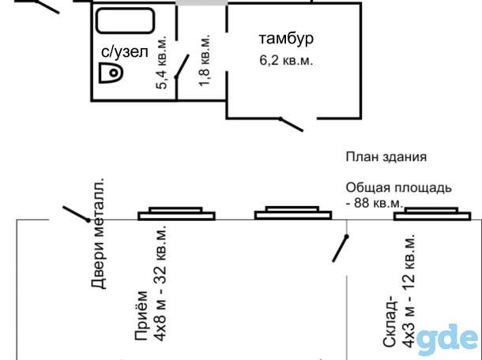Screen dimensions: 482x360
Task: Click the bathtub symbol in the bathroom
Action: (125, 21)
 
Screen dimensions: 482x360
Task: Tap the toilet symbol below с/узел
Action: (111, 73)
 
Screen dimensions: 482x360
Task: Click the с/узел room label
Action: (125, 52)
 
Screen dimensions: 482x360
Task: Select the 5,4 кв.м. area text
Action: (161, 62)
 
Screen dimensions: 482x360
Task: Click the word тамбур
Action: (286, 39)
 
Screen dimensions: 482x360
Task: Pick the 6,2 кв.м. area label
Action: (286, 60)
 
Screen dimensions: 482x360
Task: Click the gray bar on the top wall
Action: (201, 2)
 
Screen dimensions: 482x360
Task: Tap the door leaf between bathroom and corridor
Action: (182, 66)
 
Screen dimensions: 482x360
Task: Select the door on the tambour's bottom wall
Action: (291, 125)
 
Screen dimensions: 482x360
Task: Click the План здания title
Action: (386, 157)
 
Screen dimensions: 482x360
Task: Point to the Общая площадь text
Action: (399, 188)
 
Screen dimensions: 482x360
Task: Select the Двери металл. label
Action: (99, 234)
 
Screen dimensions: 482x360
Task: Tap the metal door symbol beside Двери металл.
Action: (76, 214)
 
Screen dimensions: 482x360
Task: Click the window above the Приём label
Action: (176, 214)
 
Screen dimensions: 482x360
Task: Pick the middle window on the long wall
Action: (293, 213)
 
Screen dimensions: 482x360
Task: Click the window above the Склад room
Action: (432, 214)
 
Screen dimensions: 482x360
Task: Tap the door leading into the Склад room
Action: (341, 249)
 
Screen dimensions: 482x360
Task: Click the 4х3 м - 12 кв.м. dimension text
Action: (409, 291)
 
